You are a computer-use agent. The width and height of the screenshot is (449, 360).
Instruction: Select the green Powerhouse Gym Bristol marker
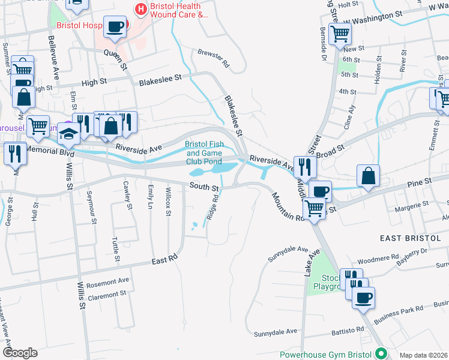[x=379, y=354]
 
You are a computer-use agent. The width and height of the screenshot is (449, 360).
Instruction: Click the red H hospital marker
[x=141, y=9]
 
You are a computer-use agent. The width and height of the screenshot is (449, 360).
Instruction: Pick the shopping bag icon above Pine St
[x=368, y=176]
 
